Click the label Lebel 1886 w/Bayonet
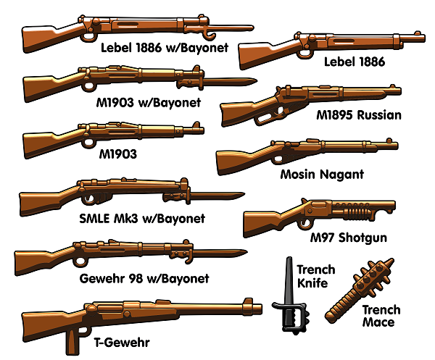165,48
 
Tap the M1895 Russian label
359,114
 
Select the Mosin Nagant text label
322,175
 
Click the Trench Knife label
315,277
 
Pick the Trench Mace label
381,317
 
